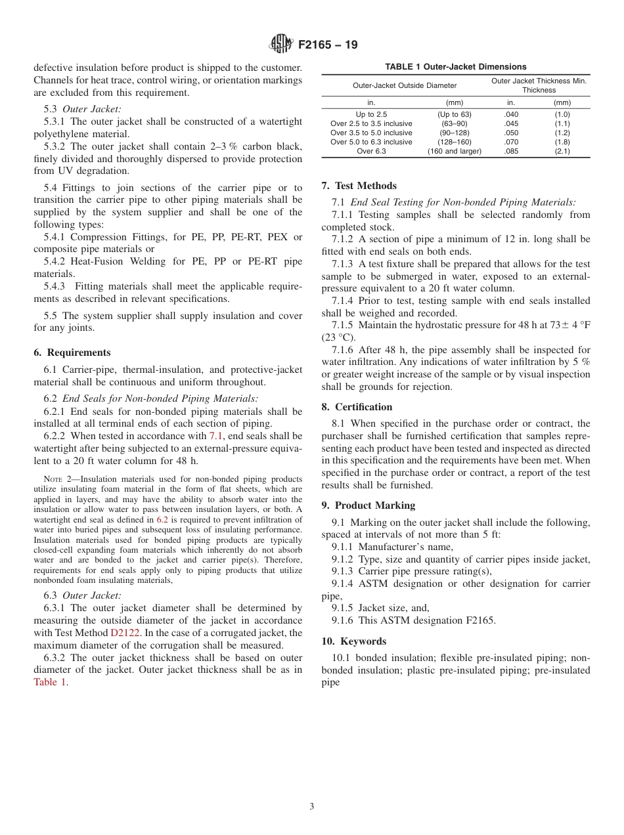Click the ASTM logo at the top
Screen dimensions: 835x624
(280, 45)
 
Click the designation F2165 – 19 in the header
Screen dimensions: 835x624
(328, 45)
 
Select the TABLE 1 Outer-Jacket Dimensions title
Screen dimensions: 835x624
(455, 67)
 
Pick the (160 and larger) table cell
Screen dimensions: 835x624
(454, 151)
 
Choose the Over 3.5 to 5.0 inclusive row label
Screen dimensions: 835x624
(371, 133)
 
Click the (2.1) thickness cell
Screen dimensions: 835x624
(562, 151)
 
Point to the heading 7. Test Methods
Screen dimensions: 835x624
(359, 186)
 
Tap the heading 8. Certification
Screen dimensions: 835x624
(357, 407)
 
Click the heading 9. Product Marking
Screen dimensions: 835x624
(368, 505)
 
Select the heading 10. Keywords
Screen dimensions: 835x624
(353, 641)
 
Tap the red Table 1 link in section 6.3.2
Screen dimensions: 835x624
(50, 682)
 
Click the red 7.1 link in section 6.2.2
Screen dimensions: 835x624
(215, 436)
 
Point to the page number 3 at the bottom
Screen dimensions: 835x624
(311, 807)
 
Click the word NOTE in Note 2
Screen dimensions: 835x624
(53, 479)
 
